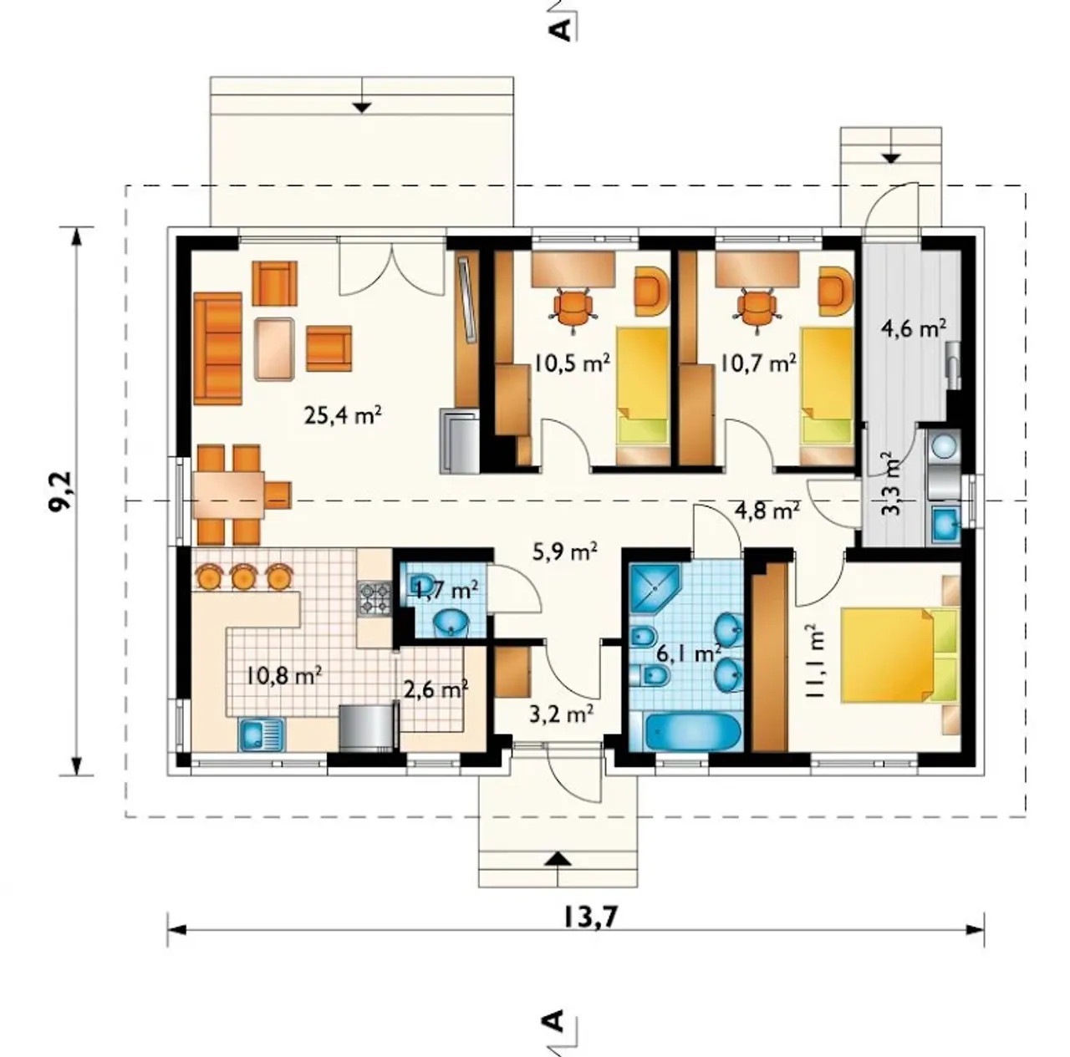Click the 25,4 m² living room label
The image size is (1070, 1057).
click(343, 414)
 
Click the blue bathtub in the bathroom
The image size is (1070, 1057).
click(693, 731)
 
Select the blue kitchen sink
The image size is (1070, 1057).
click(261, 734)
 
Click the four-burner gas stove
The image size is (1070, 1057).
click(374, 598)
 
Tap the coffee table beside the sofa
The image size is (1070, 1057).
click(274, 348)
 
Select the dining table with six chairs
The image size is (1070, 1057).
click(242, 495)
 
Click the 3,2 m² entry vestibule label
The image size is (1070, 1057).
click(562, 714)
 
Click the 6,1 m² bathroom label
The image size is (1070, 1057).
click(689, 653)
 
